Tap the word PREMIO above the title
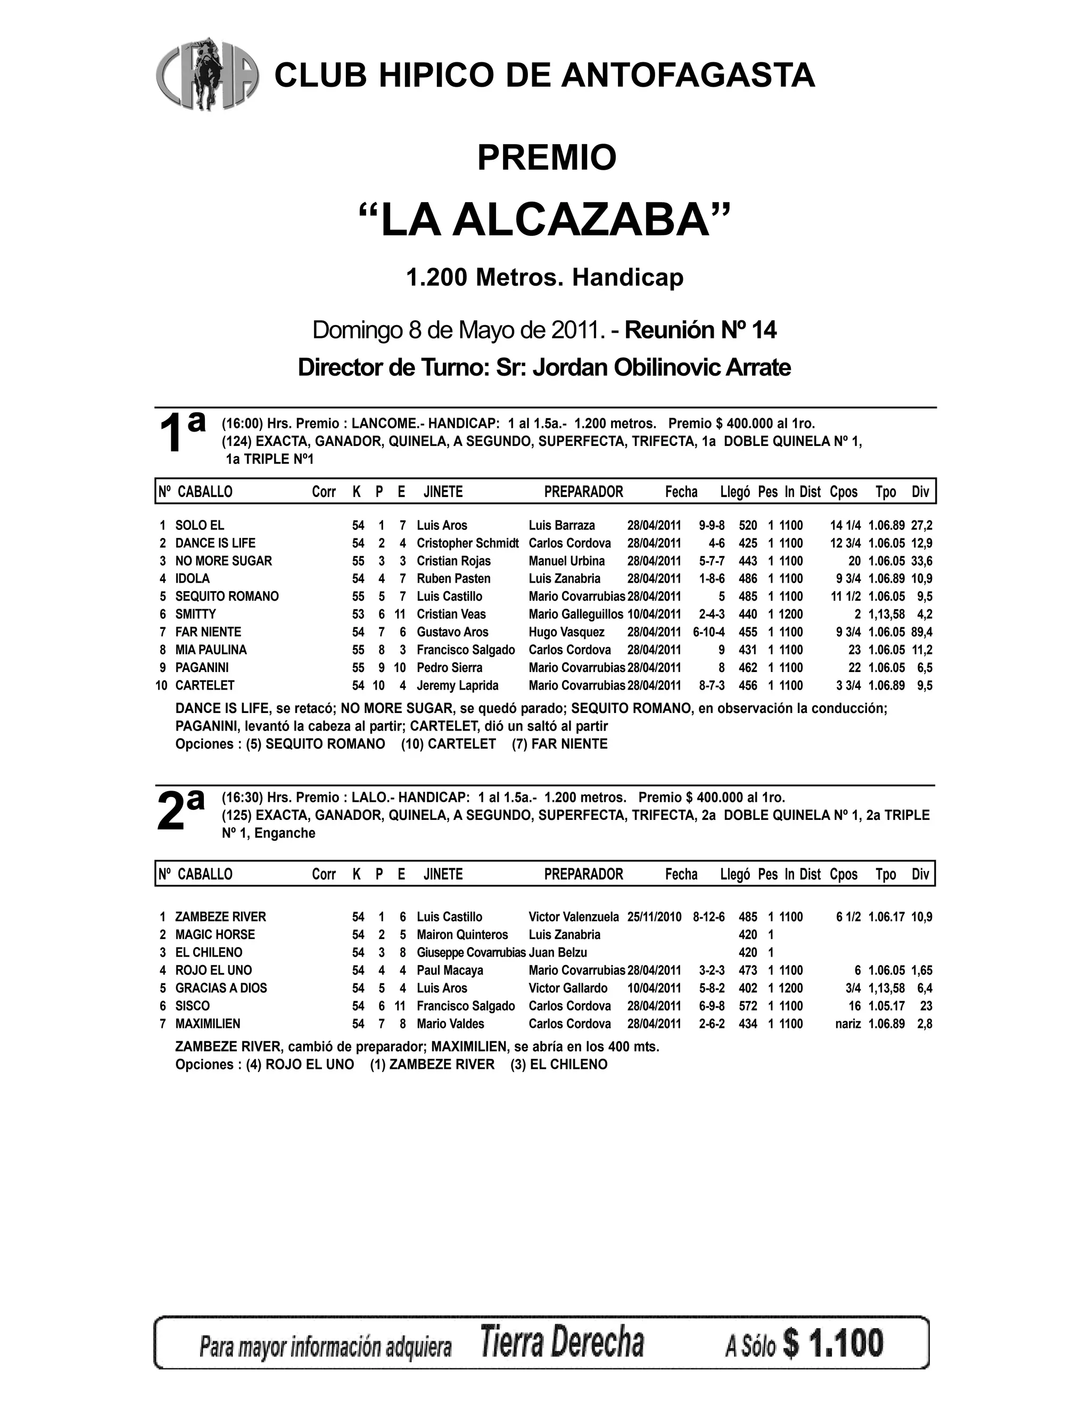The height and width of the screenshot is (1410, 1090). [546, 157]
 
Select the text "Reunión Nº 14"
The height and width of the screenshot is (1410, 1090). [700, 330]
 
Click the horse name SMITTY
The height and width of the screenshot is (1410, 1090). [196, 614]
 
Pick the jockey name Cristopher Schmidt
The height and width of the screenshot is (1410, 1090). [467, 543]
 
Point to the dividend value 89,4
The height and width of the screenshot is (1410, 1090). [921, 632]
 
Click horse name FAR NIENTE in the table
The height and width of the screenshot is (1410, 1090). [208, 632]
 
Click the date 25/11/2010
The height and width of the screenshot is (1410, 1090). [654, 917]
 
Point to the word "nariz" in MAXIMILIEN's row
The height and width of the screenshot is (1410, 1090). [848, 1024]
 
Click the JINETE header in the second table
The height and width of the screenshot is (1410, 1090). [443, 874]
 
